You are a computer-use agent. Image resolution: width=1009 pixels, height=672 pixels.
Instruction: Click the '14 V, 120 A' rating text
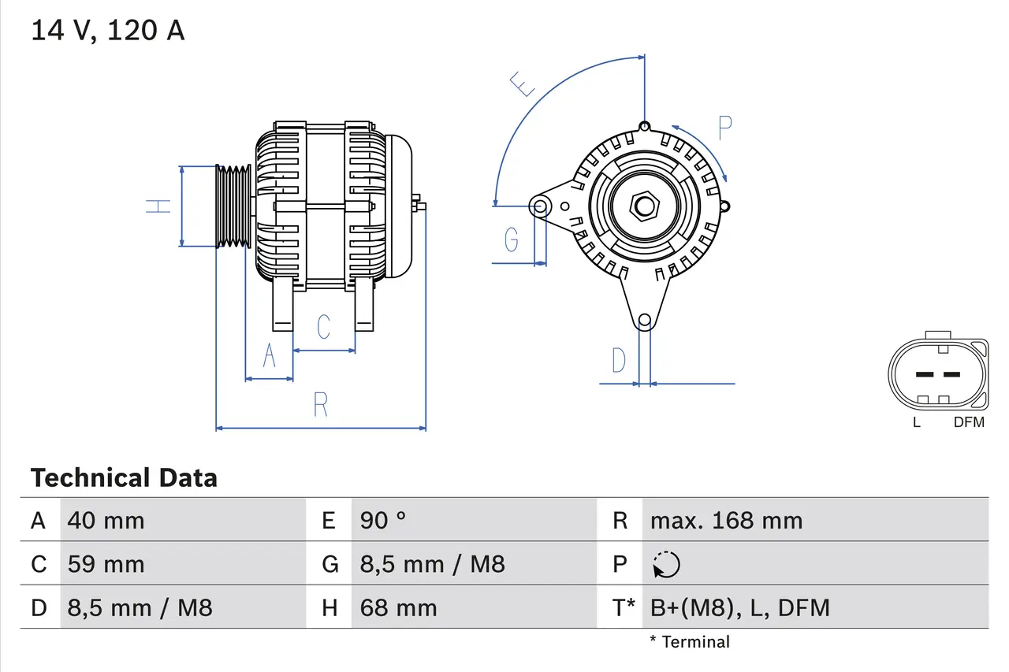pyautogui.click(x=108, y=31)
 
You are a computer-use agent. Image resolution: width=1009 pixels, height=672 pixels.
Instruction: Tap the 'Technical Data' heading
pyautogui.click(x=124, y=478)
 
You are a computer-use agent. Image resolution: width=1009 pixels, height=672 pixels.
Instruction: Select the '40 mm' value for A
pyautogui.click(x=106, y=520)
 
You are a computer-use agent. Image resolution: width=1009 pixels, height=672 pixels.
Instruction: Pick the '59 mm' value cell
pyautogui.click(x=106, y=564)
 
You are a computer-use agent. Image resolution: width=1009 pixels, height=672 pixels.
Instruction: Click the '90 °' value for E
pyautogui.click(x=383, y=520)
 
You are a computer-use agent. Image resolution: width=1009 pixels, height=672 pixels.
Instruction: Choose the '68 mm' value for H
pyautogui.click(x=398, y=607)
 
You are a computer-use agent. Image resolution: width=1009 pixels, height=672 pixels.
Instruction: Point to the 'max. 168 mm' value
pyautogui.click(x=726, y=520)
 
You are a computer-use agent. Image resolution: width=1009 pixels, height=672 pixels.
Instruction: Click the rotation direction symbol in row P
pyautogui.click(x=667, y=564)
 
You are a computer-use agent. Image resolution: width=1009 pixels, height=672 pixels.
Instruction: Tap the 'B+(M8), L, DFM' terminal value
pyautogui.click(x=739, y=607)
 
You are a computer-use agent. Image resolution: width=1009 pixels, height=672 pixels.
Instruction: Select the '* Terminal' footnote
pyautogui.click(x=690, y=642)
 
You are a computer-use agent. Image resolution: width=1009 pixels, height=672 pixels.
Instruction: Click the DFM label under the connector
pyautogui.click(x=969, y=422)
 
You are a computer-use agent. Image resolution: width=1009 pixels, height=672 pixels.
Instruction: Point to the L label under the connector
pyautogui.click(x=916, y=422)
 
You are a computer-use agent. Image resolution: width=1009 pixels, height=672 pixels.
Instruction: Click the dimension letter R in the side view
pyautogui.click(x=320, y=404)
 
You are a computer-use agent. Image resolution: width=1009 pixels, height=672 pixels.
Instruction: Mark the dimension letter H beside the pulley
pyautogui.click(x=158, y=206)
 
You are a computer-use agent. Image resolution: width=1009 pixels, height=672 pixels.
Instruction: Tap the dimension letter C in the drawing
pyautogui.click(x=323, y=326)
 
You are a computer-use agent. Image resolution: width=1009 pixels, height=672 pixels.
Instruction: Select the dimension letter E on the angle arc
pyautogui.click(x=523, y=84)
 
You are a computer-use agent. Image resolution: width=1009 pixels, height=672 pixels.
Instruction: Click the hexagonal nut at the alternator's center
pyautogui.click(x=645, y=206)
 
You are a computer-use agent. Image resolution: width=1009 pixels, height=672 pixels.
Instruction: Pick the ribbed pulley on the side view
pyautogui.click(x=233, y=206)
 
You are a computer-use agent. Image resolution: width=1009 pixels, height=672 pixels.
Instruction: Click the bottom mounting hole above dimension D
pyautogui.click(x=645, y=320)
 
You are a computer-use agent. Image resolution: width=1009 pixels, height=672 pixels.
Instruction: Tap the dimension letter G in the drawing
pyautogui.click(x=512, y=238)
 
